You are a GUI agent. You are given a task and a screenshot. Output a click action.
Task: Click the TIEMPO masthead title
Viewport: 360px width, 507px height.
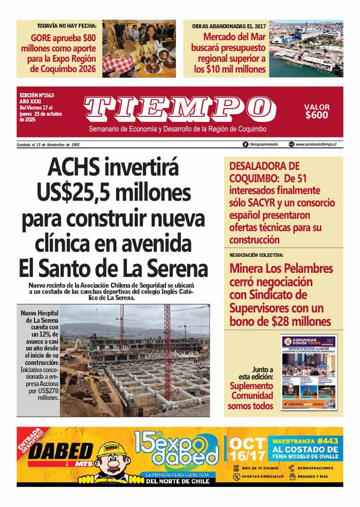tap(179, 109)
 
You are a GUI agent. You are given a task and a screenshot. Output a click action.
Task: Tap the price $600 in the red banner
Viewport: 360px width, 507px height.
tap(316, 115)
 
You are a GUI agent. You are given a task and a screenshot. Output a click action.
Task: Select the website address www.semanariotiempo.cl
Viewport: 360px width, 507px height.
tap(319, 145)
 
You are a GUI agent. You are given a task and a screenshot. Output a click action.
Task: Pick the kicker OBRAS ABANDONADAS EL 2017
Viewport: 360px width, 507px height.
tap(229, 26)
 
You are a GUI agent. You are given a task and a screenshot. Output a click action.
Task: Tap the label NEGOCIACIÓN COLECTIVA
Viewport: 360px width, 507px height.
tap(256, 255)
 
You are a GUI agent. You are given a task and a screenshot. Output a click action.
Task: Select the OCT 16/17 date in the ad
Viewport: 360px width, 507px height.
tap(248, 450)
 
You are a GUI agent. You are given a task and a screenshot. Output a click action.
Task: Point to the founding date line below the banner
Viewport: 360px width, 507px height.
tap(48, 145)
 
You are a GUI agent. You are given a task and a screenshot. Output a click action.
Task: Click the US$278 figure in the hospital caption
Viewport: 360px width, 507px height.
tap(47, 390)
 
